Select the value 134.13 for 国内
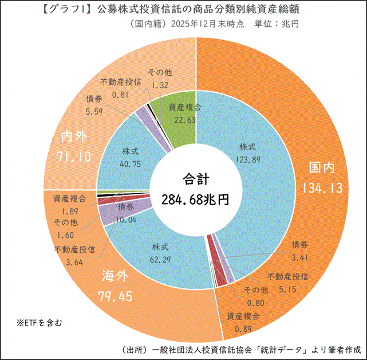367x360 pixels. point(321,188)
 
